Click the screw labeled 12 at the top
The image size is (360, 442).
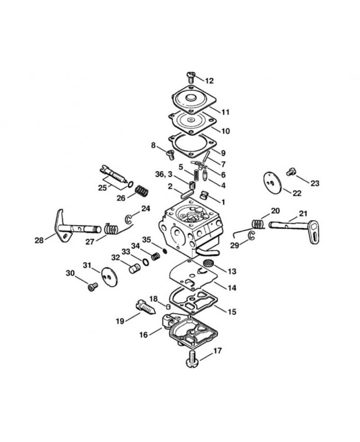(x=191, y=77)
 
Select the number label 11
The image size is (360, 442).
(x=225, y=112)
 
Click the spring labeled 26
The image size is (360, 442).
(x=142, y=191)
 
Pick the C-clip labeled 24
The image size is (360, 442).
(x=128, y=219)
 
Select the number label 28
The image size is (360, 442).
(x=39, y=240)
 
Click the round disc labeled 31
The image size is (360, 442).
(x=109, y=277)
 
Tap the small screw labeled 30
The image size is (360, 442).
(x=93, y=287)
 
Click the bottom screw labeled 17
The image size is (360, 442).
(x=192, y=359)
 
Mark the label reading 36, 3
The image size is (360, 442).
(x=163, y=175)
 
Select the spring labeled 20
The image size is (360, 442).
(x=257, y=224)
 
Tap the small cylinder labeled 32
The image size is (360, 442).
(x=134, y=267)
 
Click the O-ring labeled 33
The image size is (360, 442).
(x=146, y=262)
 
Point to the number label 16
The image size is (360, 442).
(x=144, y=335)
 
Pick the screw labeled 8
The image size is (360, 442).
(x=170, y=155)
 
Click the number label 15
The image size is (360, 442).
(x=232, y=312)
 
